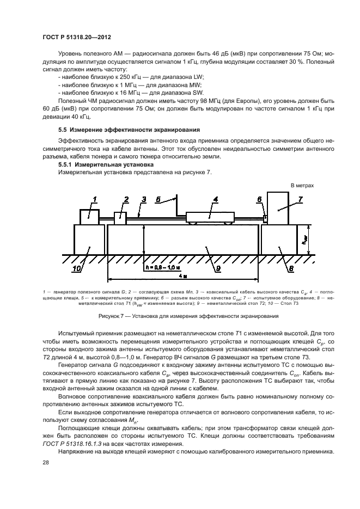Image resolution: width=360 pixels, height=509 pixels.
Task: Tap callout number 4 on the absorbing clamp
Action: (216, 200)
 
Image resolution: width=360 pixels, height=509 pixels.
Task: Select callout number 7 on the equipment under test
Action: (299, 200)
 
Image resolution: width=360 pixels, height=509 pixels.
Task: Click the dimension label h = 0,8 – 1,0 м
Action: (167, 268)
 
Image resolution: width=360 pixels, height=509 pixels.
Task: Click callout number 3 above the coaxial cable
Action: (143, 200)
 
